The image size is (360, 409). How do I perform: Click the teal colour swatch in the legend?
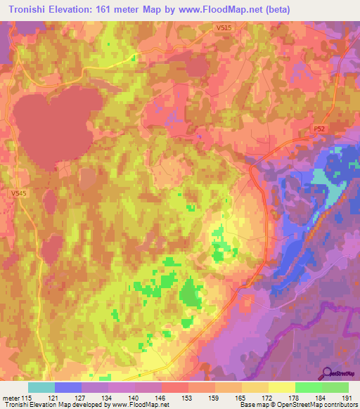[41, 387]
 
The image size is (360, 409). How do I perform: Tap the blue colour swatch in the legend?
[68, 387]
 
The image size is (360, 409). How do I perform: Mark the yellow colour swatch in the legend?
[282, 387]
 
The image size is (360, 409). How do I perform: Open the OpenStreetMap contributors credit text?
[314, 405]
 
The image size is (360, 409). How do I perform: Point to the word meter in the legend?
[12, 397]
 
